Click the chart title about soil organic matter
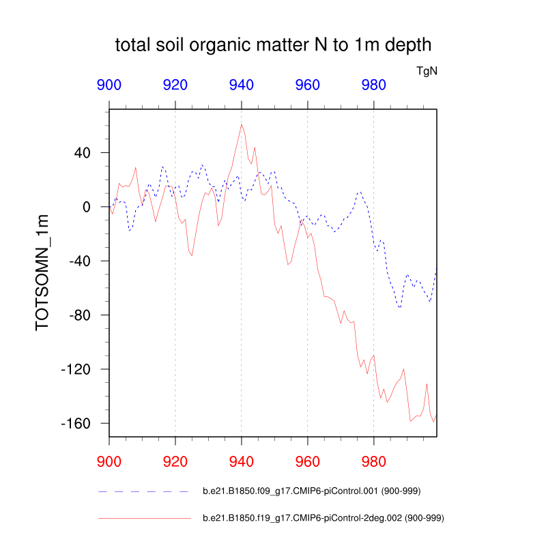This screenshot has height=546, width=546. (273, 46)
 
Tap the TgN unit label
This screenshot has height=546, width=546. (427, 71)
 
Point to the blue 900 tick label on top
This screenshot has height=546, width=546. (109, 85)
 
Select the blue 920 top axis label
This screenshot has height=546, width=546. (175, 85)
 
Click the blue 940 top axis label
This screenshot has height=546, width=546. (242, 85)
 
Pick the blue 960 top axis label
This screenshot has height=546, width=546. (308, 85)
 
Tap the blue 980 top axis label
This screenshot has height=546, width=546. (374, 85)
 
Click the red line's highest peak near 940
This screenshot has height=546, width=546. (242, 124)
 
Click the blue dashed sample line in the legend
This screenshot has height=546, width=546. (143, 491)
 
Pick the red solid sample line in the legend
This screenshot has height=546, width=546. (143, 519)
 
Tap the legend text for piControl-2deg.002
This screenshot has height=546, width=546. (324, 519)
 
